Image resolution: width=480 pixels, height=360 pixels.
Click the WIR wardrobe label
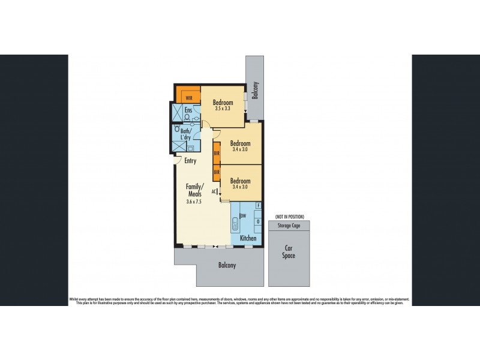(x=188, y=97)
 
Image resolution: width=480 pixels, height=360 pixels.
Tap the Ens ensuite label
(x=188, y=110)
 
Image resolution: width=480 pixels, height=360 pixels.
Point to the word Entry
(x=190, y=160)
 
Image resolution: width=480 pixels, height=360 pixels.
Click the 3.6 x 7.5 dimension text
(x=194, y=202)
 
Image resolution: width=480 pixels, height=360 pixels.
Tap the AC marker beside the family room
(x=214, y=191)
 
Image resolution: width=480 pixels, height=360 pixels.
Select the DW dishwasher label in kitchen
(x=244, y=216)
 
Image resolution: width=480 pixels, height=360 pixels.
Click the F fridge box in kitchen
(x=258, y=206)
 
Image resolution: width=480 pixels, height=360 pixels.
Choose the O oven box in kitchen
(x=258, y=221)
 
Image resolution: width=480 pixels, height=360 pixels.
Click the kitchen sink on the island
(x=235, y=227)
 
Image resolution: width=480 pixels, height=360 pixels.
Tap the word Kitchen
(x=248, y=238)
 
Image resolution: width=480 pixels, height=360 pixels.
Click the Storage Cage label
(x=290, y=226)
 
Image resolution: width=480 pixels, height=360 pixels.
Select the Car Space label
(x=290, y=251)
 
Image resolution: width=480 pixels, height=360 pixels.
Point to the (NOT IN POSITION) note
(x=290, y=216)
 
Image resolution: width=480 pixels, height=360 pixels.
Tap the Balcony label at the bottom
(x=227, y=265)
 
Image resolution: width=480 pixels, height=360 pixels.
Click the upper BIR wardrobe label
(x=217, y=154)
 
